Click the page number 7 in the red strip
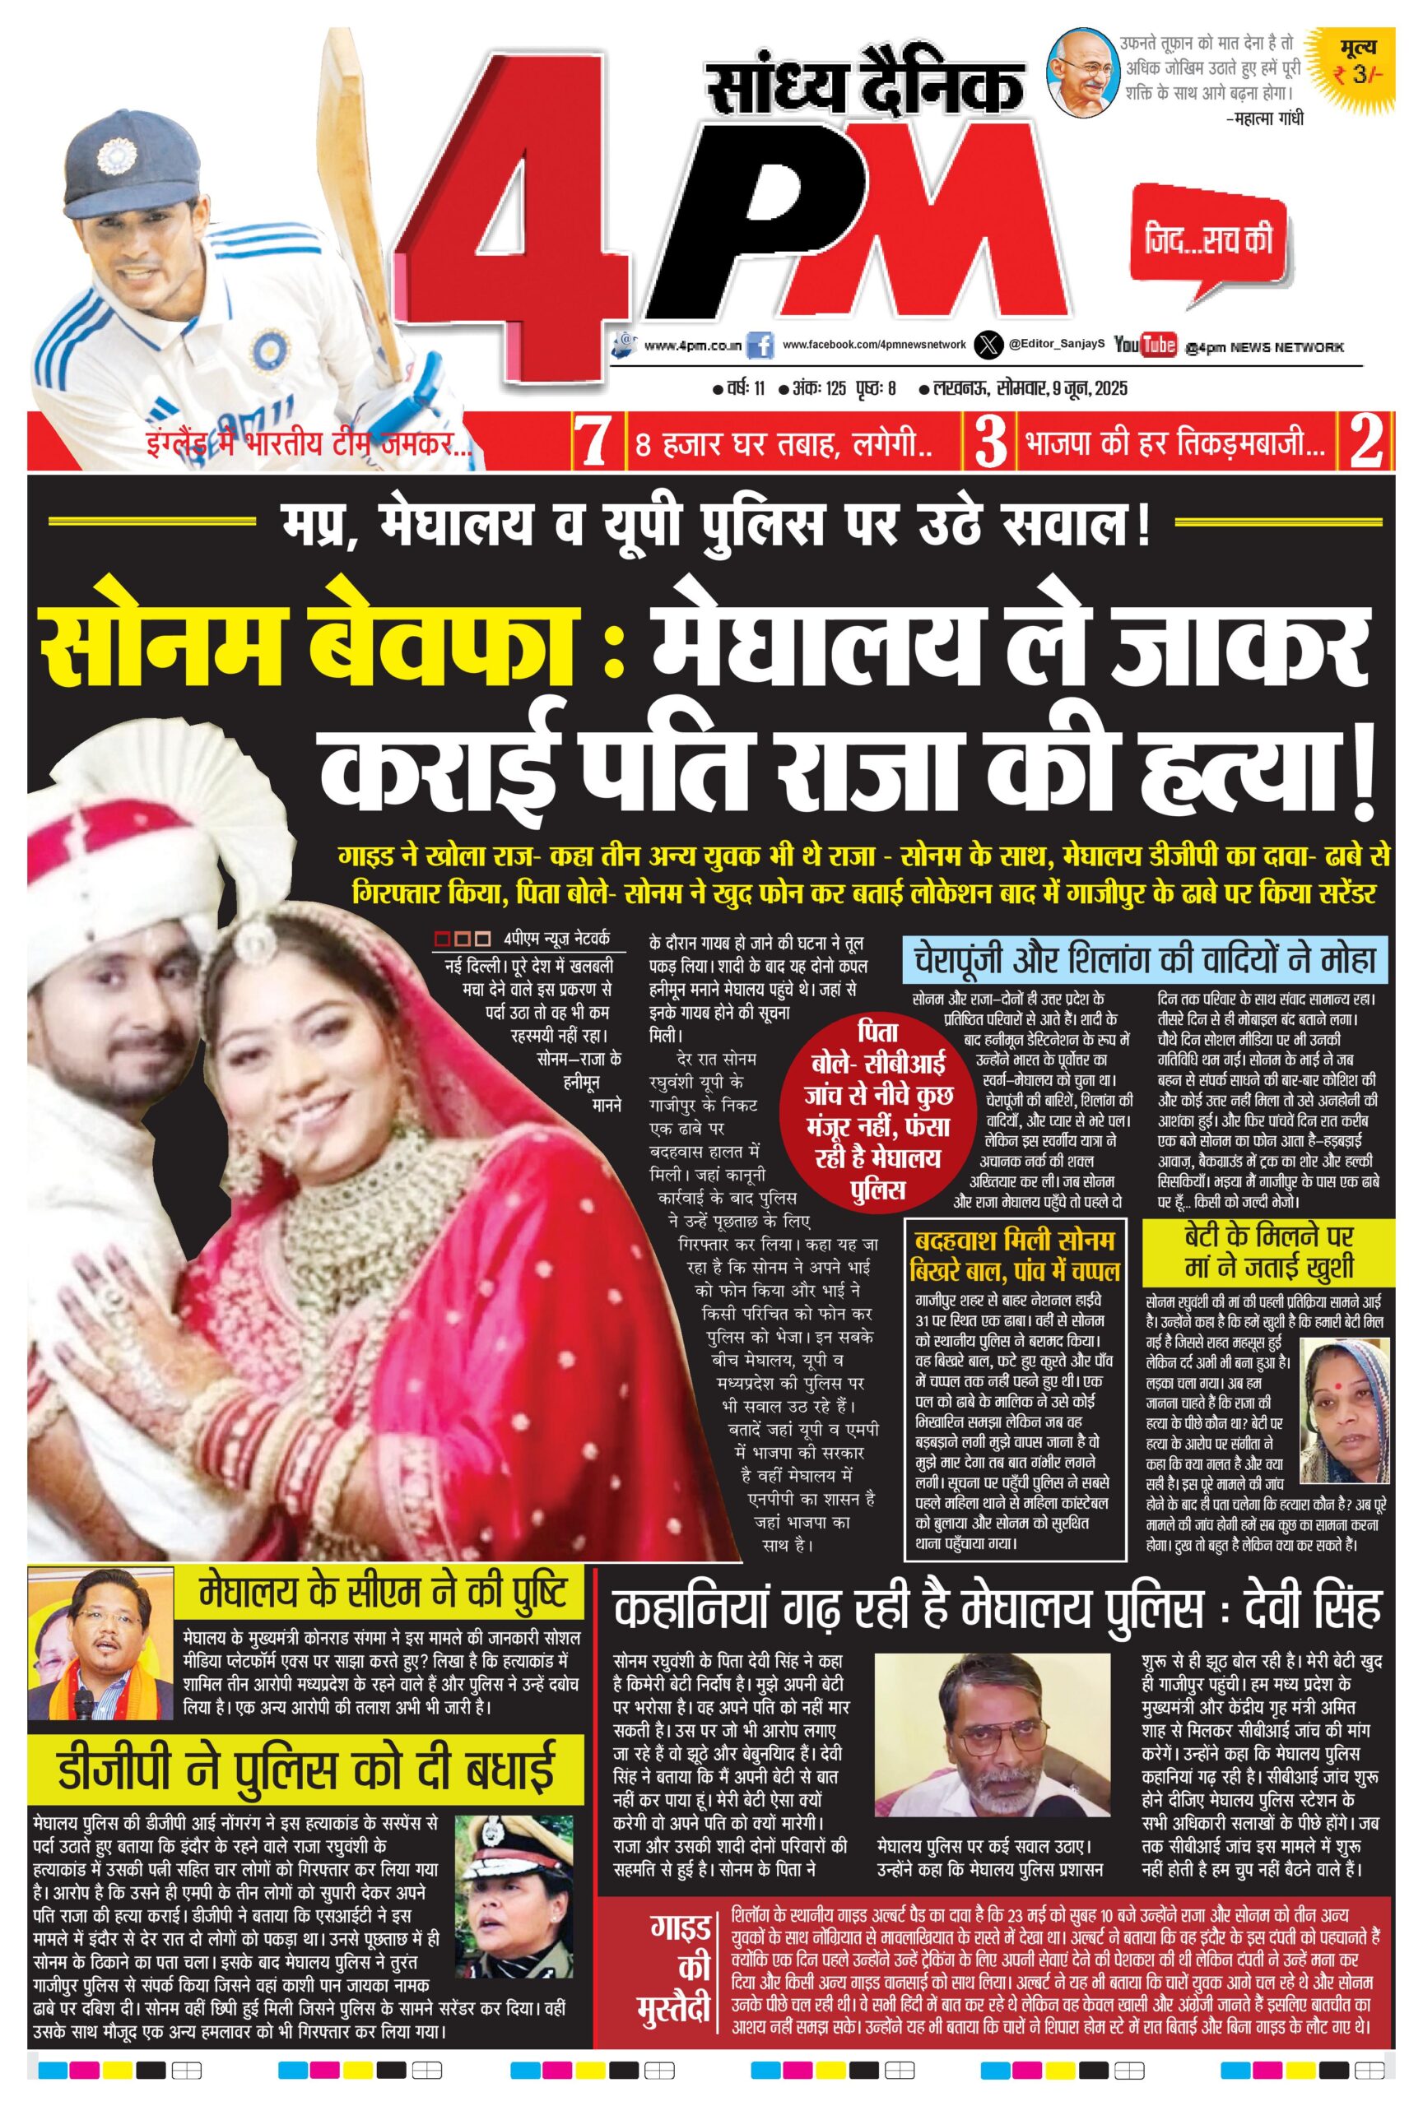tap(594, 443)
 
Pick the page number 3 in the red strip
tap(990, 443)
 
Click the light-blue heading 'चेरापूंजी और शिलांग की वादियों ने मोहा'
tap(1146, 958)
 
